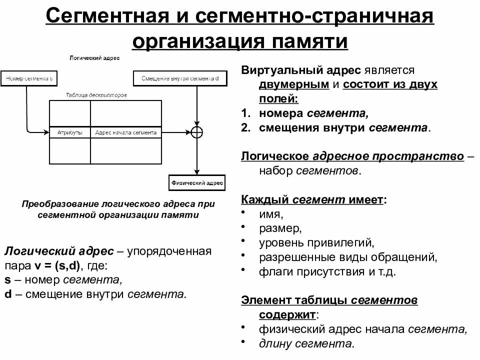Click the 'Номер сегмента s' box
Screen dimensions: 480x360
pyautogui.click(x=29, y=78)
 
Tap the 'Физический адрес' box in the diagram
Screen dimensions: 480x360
pyautogui.click(x=197, y=183)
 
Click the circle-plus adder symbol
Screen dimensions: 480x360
pyautogui.click(x=197, y=132)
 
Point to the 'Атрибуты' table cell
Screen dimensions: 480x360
pyautogui.click(x=70, y=132)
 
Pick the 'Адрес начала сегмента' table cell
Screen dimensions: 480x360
pyautogui.click(x=126, y=132)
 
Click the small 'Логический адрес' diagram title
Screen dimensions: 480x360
pyautogui.click(x=94, y=58)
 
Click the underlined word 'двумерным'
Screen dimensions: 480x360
pyautogui.click(x=293, y=84)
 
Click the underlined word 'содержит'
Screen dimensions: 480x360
pyautogui.click(x=287, y=315)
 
